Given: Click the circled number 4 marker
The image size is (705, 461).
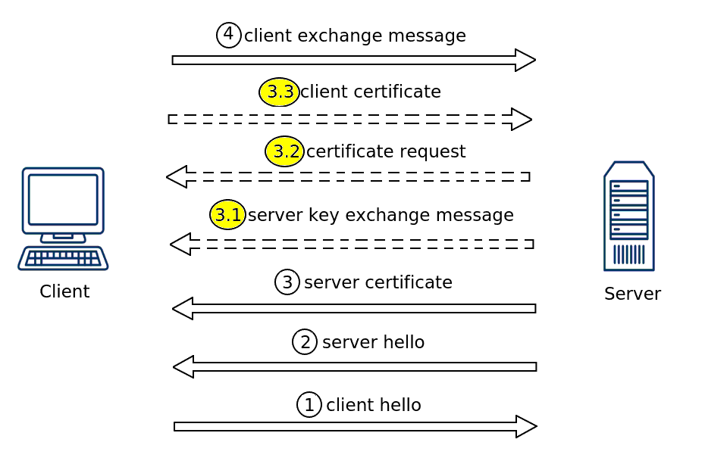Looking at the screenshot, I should click(228, 35).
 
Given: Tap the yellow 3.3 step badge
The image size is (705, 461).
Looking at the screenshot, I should click(279, 92).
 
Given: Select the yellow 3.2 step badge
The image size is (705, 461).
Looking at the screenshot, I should click(284, 151).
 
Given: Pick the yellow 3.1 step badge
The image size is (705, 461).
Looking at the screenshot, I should click(227, 215).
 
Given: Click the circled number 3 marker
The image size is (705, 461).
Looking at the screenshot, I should click(287, 282).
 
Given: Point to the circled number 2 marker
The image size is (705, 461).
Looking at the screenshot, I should click(305, 342).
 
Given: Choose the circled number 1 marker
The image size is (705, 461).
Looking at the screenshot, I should click(309, 405).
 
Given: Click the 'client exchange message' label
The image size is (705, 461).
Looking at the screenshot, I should click(355, 36).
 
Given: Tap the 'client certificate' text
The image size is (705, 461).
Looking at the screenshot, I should click(370, 92).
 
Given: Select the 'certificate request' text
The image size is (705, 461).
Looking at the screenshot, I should click(386, 151).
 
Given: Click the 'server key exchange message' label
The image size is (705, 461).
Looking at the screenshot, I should click(381, 215).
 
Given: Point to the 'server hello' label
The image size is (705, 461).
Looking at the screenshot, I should click(373, 342).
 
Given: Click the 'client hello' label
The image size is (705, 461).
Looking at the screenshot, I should click(373, 405).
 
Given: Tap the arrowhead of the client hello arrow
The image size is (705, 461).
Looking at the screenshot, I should click(526, 426).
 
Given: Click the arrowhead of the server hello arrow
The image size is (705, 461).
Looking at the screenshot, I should click(183, 367).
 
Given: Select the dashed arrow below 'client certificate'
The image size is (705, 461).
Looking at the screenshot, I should click(349, 120).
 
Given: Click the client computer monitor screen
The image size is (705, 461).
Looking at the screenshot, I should click(63, 199).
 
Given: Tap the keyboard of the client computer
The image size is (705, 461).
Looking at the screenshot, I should click(63, 258).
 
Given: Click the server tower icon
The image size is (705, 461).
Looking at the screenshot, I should click(628, 216).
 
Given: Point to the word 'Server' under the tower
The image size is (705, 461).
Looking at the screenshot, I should click(632, 294).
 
